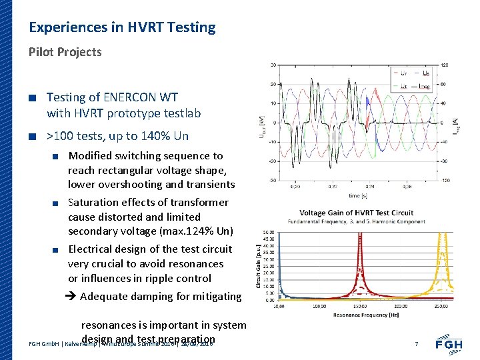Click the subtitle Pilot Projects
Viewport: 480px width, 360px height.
(x=65, y=52)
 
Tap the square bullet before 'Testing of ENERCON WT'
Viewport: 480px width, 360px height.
(x=31, y=98)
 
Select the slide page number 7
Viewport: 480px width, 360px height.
(x=416, y=344)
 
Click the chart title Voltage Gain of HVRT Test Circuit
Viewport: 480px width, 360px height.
(x=356, y=213)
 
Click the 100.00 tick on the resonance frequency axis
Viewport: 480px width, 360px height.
(x=319, y=306)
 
